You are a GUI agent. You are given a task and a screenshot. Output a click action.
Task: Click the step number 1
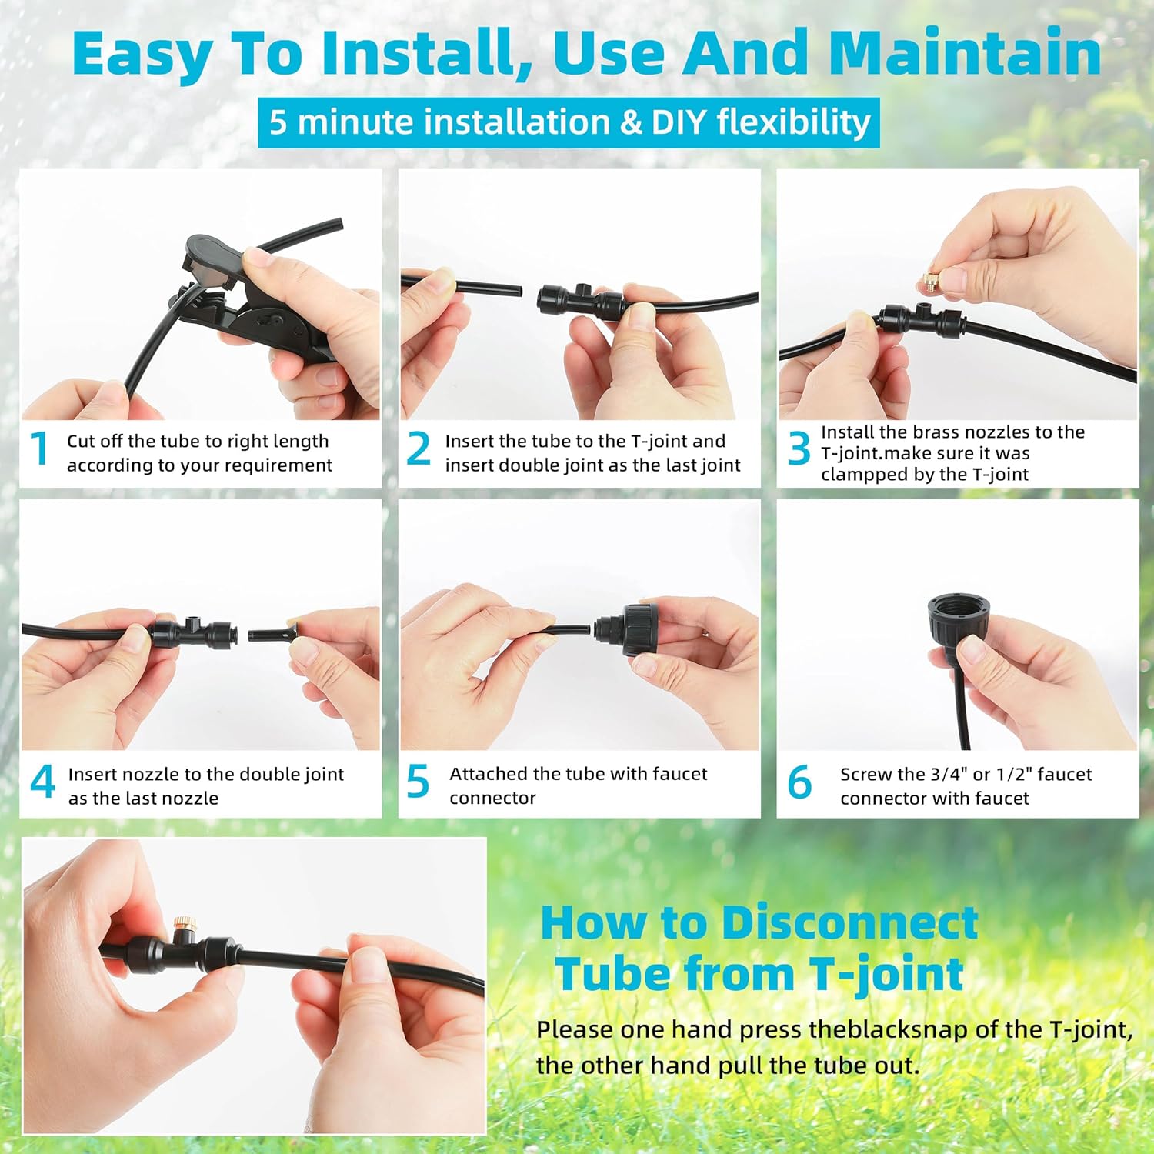click(x=39, y=449)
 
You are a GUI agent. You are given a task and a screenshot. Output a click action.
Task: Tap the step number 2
click(x=419, y=449)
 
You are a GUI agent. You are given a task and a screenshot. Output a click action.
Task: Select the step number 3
click(x=799, y=449)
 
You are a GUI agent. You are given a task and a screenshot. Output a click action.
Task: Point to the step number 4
click(x=42, y=782)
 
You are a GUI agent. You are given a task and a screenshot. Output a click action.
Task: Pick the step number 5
click(x=418, y=782)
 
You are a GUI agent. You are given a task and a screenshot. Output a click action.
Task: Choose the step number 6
click(x=799, y=782)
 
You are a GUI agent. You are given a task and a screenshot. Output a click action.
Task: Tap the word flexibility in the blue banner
click(x=793, y=122)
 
